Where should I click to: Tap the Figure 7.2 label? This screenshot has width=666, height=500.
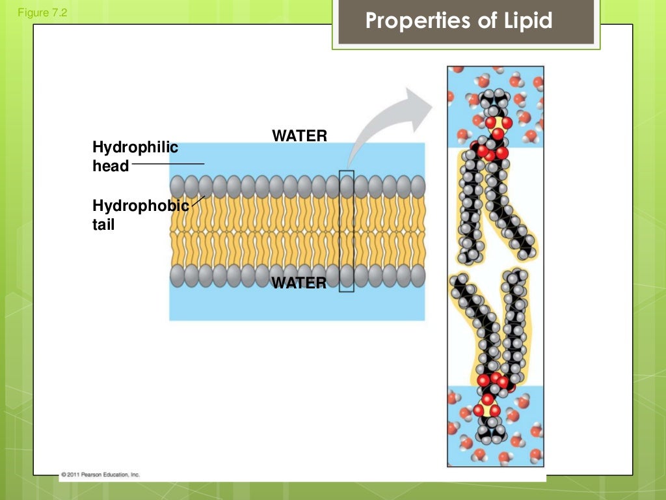point(43,11)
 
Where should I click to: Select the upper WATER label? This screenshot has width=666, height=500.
point(299,136)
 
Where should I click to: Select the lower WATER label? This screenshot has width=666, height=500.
point(299,283)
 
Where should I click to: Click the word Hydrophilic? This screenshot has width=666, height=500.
point(135,148)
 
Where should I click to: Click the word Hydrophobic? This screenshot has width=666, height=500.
point(140,206)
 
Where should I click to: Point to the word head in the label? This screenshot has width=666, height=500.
point(111,167)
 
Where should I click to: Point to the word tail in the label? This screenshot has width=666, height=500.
point(103,227)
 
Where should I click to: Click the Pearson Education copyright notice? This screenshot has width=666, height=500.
point(100,474)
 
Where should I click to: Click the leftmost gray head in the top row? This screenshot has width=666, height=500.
point(178,187)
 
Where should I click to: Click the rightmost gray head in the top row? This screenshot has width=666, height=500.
point(418,187)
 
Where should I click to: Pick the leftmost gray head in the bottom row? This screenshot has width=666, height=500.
point(178,275)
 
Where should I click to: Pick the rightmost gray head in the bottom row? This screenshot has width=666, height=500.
point(418,275)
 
